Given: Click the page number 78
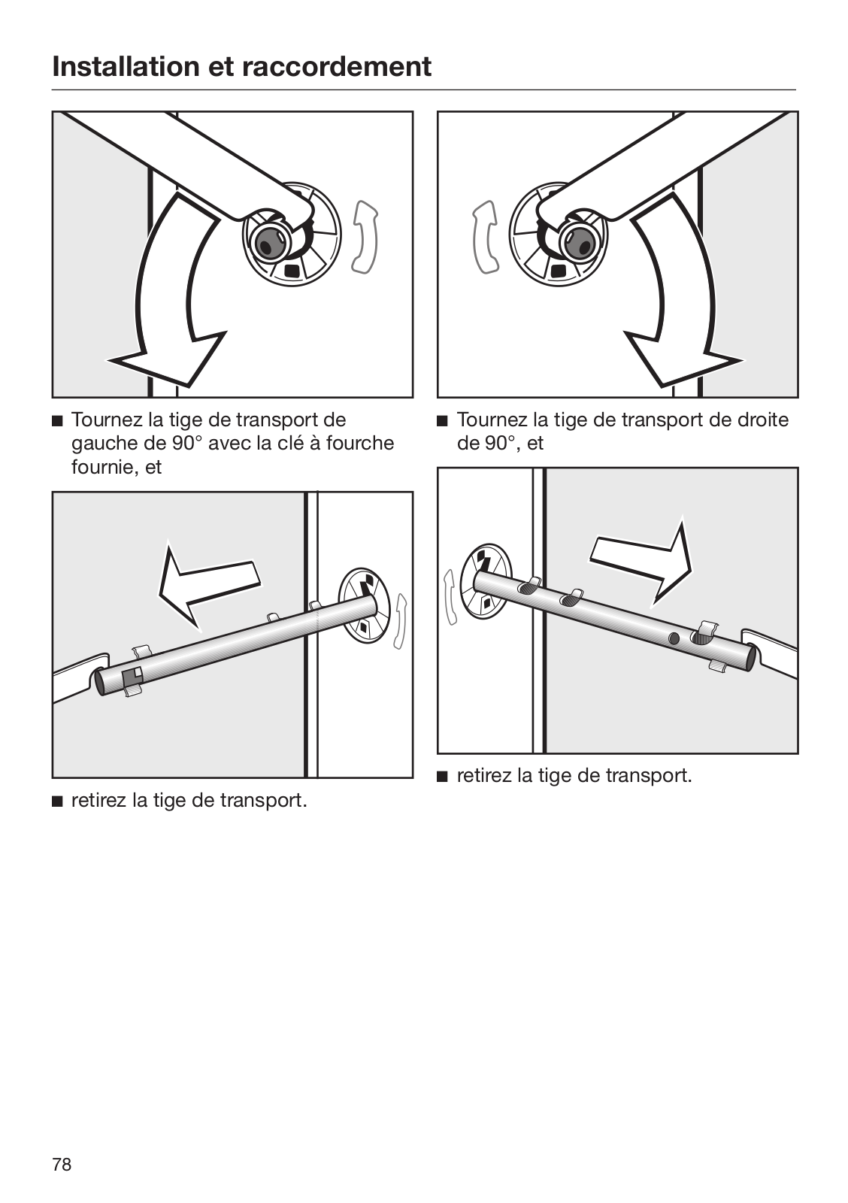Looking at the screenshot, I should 62,1165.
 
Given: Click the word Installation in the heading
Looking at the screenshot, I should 125,67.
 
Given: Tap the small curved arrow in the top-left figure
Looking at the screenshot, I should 365,237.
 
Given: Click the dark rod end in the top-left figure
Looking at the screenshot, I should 267,241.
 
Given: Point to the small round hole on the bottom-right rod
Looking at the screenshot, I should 674,638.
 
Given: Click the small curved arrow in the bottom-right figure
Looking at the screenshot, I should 451,598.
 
